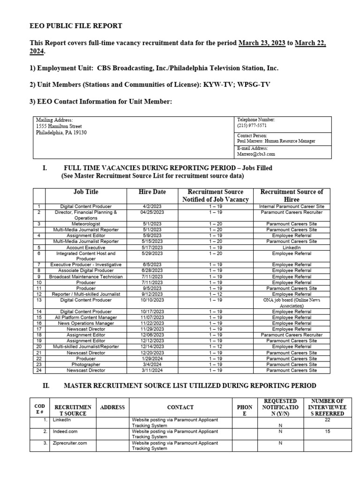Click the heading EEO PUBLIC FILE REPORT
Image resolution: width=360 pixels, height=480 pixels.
[x=76, y=26]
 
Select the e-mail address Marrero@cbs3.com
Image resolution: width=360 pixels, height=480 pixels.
[x=256, y=153]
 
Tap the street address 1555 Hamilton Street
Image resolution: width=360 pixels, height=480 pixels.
[x=59, y=126]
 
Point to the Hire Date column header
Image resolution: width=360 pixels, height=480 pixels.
[x=152, y=192]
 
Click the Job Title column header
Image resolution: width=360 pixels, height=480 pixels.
[x=86, y=192]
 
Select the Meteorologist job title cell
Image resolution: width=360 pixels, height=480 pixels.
[x=86, y=224]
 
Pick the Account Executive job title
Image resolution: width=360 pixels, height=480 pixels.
[x=86, y=247]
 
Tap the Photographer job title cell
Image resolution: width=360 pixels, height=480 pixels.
[x=86, y=364]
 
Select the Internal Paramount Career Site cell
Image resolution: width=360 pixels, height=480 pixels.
[x=292, y=206]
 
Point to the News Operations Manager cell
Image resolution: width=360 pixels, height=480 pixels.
[x=86, y=323]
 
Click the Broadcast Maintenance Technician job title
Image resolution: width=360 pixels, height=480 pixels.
[x=86, y=277]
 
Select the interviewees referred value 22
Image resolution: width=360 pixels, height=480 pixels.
[x=328, y=420]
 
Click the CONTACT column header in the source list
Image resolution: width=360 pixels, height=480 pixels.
[x=180, y=408]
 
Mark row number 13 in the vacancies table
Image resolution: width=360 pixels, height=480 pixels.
[x=39, y=300]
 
